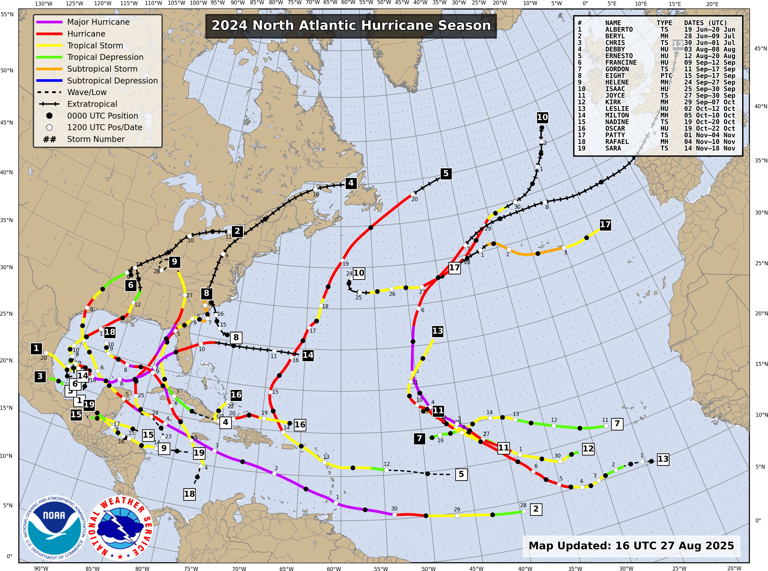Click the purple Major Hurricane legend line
49,22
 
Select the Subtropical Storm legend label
102,69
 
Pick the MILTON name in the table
617,115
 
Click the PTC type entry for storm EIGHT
666,76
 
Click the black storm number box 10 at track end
542,117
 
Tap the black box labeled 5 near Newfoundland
446,173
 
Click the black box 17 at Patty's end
605,225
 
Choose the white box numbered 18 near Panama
189,494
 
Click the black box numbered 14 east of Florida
308,355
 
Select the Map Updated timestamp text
631,546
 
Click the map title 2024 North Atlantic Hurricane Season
351,25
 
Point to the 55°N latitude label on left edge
7,15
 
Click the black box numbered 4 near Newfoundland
351,183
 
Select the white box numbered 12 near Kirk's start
588,449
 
